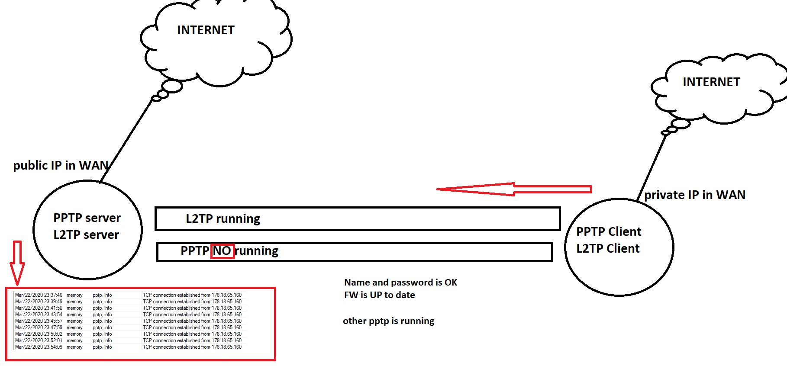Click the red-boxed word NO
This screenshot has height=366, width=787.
click(x=222, y=251)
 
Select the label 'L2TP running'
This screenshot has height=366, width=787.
click(x=223, y=219)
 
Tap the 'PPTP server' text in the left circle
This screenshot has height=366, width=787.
click(x=87, y=218)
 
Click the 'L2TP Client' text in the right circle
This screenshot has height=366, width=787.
click(x=608, y=249)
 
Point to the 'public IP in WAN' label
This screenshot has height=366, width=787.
click(x=61, y=166)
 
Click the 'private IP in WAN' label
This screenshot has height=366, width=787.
click(x=695, y=195)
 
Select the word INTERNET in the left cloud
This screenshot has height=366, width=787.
click(x=206, y=30)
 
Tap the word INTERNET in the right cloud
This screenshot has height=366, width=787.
click(x=711, y=82)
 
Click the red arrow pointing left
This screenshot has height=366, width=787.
click(x=514, y=189)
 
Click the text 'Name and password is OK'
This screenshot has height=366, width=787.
click(x=400, y=283)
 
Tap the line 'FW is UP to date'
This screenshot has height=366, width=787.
click(x=379, y=295)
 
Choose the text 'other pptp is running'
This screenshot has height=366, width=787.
click(x=388, y=321)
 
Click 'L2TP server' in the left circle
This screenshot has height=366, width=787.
click(x=86, y=235)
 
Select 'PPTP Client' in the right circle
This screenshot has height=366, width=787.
click(x=609, y=232)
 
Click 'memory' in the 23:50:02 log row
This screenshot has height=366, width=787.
click(x=74, y=334)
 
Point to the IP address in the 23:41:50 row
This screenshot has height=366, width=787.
click(x=226, y=308)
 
